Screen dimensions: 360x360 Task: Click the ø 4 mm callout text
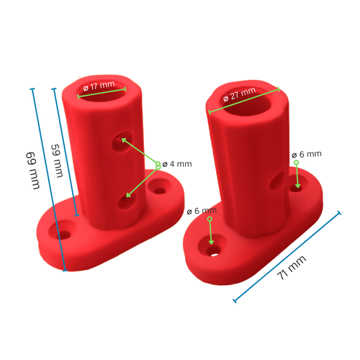click(177, 164)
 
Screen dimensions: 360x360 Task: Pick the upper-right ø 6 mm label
click(307, 154)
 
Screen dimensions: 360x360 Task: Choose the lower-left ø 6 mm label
click(199, 211)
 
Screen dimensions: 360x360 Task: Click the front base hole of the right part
click(214, 251)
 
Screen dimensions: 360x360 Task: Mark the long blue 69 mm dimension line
click(48, 180)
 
